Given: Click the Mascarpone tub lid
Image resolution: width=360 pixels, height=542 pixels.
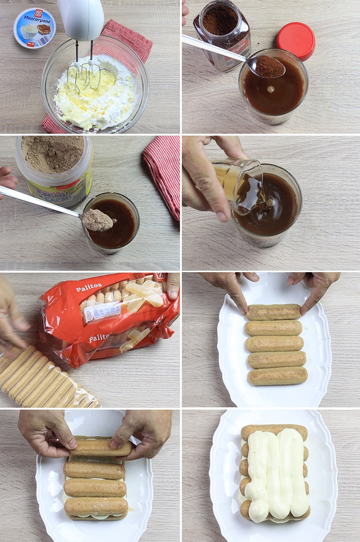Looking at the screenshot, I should pos(35,28).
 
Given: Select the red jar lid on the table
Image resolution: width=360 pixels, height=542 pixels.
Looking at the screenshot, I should pos(295,41).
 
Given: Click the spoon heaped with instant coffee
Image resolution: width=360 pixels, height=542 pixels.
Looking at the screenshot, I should pos(269,67).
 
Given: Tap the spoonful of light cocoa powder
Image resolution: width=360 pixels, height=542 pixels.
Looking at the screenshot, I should pos(97,221).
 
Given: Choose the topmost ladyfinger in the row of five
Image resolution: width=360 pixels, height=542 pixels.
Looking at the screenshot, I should pos(273,312).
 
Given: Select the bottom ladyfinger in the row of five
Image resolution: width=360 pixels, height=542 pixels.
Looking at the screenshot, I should pos(277,376).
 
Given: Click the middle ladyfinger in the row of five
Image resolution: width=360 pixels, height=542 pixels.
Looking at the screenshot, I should pos(275,344).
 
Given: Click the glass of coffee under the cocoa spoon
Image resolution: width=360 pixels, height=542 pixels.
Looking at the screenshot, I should pos(111,224).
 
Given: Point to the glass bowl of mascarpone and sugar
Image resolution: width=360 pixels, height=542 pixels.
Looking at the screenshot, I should pos(95,88).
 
